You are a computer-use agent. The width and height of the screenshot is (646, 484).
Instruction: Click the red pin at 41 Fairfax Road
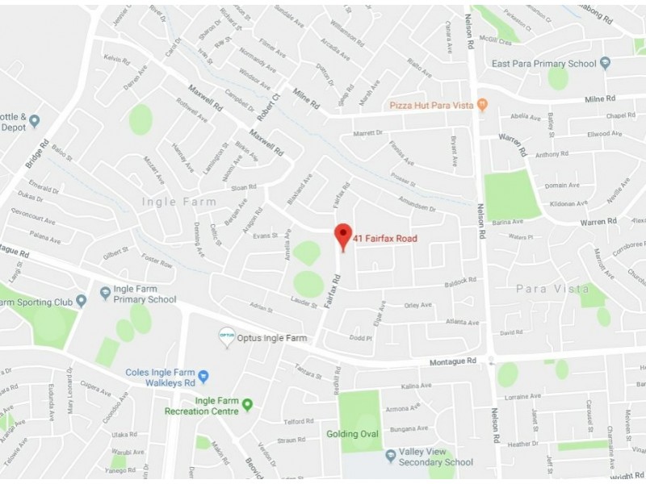343,236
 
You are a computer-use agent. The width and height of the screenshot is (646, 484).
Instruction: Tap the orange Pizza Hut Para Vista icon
482,105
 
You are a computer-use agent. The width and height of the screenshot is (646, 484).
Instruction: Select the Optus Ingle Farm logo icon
227,337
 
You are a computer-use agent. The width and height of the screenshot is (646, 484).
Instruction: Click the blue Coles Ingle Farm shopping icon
203,376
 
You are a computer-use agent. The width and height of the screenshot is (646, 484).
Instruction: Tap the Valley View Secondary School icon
391,456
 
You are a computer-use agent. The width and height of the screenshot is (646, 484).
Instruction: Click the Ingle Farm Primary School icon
104,293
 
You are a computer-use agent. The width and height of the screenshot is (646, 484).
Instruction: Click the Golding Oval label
352,434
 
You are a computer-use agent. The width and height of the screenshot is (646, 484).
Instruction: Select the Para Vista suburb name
552,288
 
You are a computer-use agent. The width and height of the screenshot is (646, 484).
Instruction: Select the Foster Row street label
157,263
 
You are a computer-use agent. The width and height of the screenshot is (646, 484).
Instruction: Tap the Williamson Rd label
348,32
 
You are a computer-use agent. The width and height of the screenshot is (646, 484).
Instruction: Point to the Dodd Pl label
360,338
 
